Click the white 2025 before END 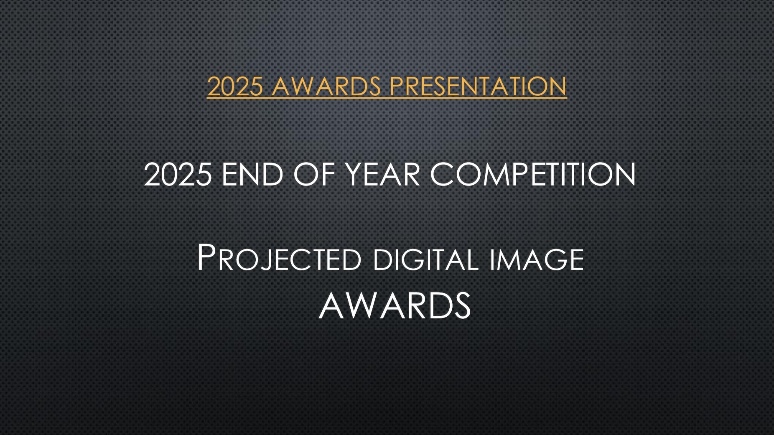point(178,174)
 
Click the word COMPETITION point(533,174)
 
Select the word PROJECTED point(279,258)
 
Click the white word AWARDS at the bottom point(395,305)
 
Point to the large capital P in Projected point(206,257)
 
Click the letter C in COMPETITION point(442,174)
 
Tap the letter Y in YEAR point(355,174)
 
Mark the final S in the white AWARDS point(462,305)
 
